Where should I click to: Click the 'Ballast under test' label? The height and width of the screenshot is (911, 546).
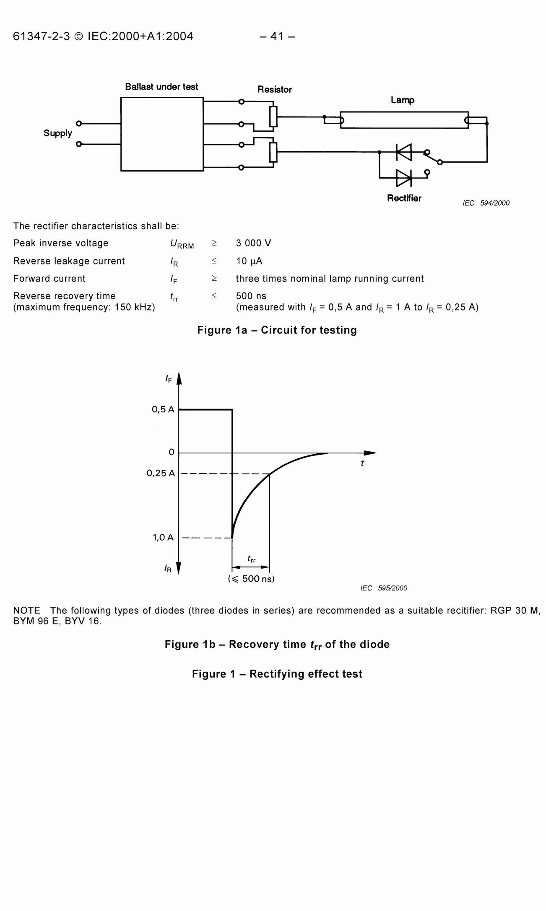click(161, 87)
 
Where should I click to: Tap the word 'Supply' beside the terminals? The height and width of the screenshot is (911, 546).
click(58, 133)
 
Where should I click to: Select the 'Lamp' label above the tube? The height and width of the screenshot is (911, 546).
click(402, 100)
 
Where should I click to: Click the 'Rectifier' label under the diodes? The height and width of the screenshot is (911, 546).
click(404, 198)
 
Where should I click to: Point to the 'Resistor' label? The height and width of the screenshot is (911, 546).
click(275, 90)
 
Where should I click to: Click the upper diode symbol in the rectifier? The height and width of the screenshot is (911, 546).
click(404, 152)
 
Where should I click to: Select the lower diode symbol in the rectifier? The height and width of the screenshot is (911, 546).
click(404, 178)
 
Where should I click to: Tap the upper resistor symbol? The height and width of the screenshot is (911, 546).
click(273, 116)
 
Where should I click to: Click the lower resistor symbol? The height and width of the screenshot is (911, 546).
click(273, 152)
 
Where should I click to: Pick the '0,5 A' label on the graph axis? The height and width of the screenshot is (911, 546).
click(163, 409)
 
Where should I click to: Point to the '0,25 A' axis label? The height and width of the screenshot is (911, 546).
click(161, 474)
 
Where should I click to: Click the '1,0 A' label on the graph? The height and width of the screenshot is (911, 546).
click(163, 537)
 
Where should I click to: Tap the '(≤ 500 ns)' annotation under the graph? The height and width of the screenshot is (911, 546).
click(251, 579)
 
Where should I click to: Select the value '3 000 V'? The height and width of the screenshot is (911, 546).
click(253, 243)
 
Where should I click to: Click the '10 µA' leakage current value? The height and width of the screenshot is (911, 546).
click(249, 261)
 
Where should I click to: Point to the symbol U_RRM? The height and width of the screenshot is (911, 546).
click(182, 244)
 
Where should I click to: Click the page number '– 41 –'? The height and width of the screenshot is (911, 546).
click(277, 36)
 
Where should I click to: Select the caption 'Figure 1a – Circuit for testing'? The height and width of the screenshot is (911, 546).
click(277, 330)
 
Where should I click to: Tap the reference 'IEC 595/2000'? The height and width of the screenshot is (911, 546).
click(384, 588)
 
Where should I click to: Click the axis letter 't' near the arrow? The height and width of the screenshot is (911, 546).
click(362, 463)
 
